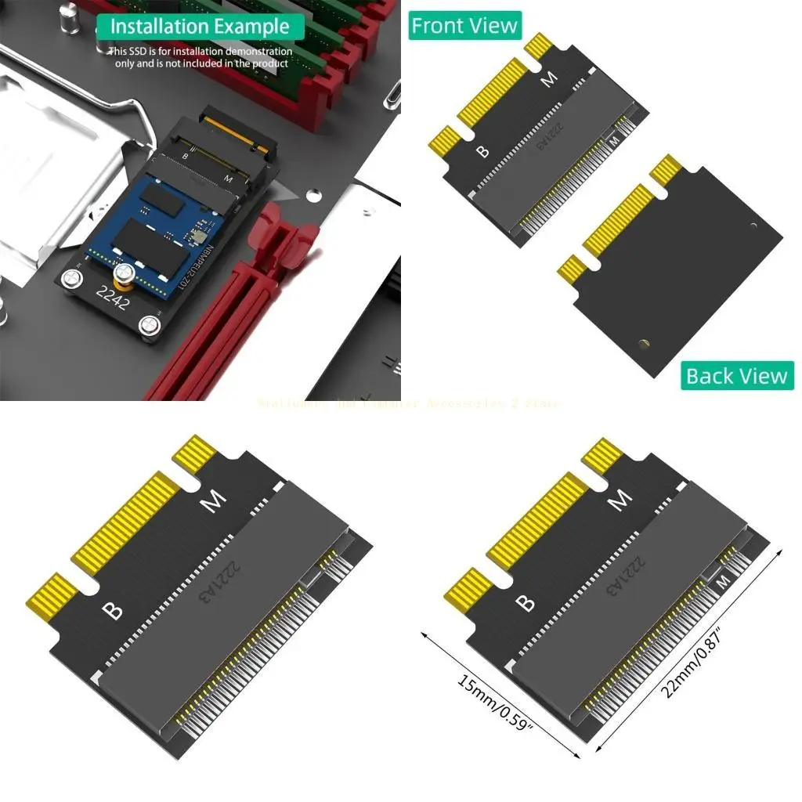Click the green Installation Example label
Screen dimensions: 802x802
(x=200, y=26)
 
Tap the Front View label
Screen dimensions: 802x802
(x=464, y=26)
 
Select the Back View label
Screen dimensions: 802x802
(x=736, y=376)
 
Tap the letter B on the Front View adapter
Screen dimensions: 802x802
(x=482, y=149)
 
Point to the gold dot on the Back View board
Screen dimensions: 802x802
(x=644, y=342)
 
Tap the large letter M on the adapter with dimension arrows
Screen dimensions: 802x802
(x=621, y=499)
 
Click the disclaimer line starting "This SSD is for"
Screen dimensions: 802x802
(x=200, y=52)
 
